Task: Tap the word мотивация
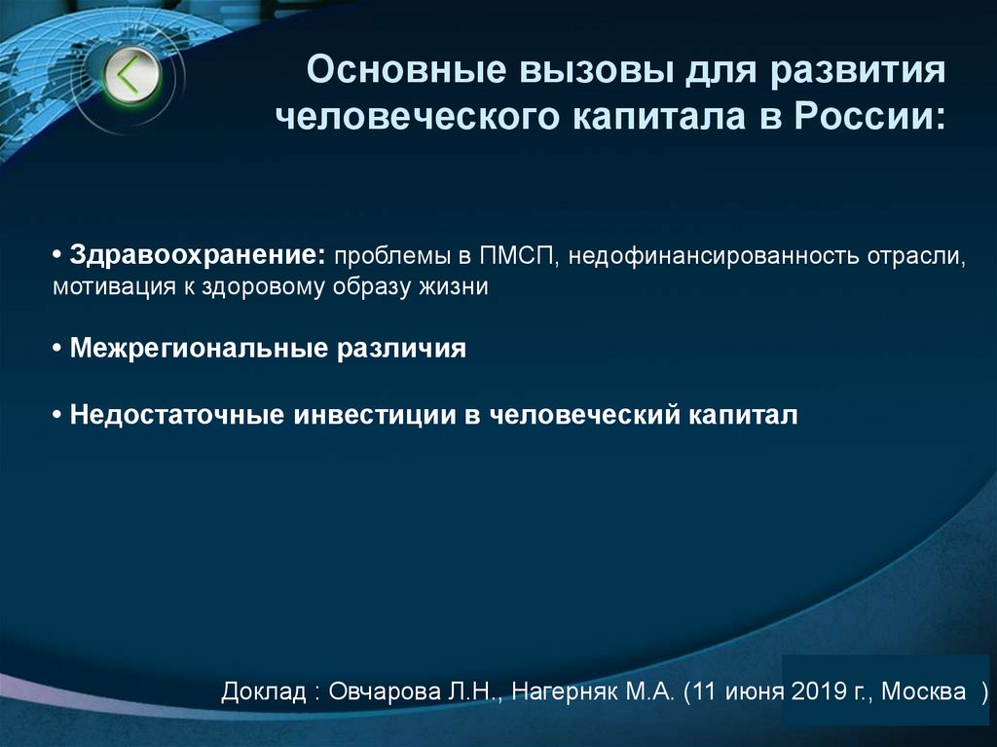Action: coord(107,287)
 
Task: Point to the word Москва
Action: coord(925,693)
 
